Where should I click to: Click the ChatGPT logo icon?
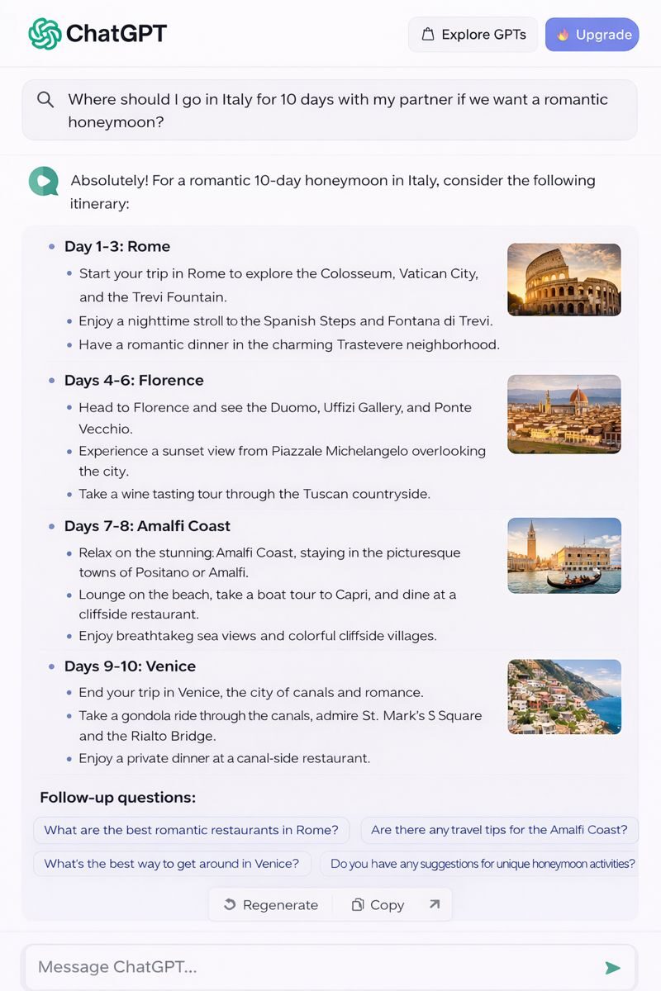(45, 34)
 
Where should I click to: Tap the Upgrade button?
(592, 35)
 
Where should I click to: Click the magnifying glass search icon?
(45, 100)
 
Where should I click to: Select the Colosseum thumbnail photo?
(564, 279)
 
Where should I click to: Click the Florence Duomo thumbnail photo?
(564, 414)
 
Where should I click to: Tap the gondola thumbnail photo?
(564, 555)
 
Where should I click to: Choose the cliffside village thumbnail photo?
(564, 696)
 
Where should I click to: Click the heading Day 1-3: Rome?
(117, 246)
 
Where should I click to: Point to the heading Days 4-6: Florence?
(134, 380)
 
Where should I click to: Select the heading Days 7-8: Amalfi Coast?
(147, 526)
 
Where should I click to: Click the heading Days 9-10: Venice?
(130, 666)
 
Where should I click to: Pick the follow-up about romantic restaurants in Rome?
(191, 830)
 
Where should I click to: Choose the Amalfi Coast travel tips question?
(499, 830)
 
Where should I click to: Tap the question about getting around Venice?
(172, 864)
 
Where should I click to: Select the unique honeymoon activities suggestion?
(483, 864)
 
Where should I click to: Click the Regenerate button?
(271, 905)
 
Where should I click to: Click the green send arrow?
(612, 967)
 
